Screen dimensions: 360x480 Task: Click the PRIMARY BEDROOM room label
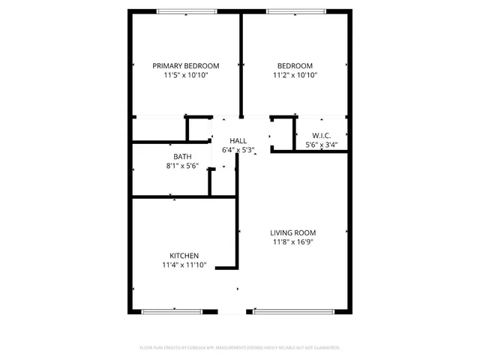point(185,65)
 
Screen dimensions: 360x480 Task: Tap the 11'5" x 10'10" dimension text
point(185,75)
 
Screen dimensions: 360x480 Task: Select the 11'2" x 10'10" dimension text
point(294,75)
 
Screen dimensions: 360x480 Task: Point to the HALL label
point(238,140)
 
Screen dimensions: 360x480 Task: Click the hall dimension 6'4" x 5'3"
point(238,150)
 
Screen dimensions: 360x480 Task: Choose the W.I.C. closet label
point(322,136)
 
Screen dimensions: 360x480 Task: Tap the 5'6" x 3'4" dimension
point(322,145)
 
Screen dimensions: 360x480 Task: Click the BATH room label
point(182,156)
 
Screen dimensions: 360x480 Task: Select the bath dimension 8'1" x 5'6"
point(182,166)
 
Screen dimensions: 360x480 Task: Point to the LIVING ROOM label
point(293,232)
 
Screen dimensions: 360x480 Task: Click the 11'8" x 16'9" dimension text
point(293,242)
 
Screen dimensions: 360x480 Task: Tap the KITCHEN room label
point(184,256)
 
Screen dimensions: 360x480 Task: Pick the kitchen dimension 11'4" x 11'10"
point(184,265)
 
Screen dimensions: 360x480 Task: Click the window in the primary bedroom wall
point(187,10)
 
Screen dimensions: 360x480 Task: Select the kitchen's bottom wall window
point(173,311)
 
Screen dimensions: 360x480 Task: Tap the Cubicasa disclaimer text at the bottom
point(240,348)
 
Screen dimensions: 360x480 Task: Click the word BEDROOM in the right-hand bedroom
point(294,65)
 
